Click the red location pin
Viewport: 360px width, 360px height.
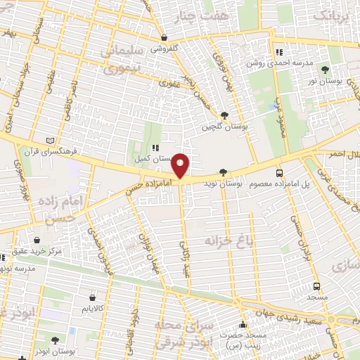coord(181,166)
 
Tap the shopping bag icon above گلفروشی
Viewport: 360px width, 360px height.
coord(164,38)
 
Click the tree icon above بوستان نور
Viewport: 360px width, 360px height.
coord(325,69)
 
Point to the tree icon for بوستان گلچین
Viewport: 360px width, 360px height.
coord(224,116)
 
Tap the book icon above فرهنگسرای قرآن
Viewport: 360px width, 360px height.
coord(49,140)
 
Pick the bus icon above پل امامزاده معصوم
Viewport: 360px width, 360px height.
coord(280,172)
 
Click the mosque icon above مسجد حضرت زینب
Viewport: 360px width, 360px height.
coord(243,325)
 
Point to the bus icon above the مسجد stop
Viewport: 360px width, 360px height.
coord(316,286)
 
